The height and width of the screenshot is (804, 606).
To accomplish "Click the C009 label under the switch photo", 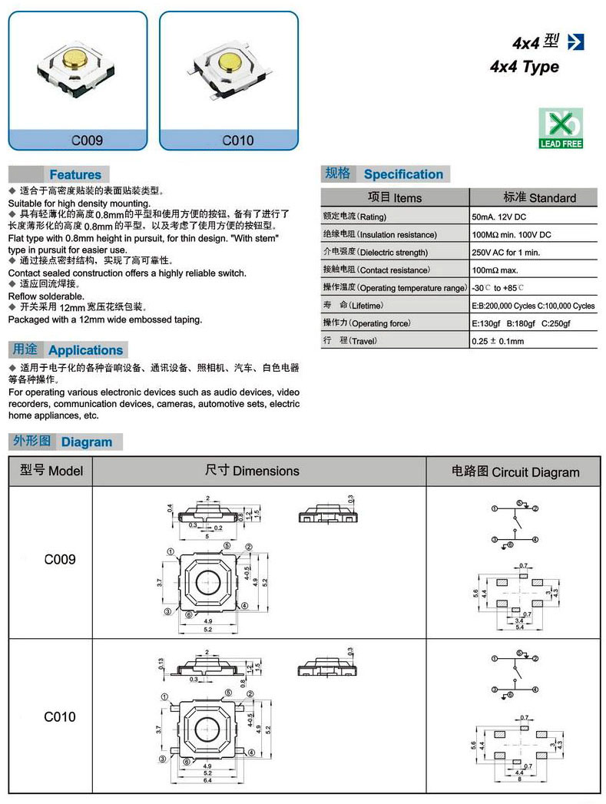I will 87,141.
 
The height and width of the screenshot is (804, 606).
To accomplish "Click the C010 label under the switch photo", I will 237,141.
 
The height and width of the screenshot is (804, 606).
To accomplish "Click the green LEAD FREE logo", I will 561,128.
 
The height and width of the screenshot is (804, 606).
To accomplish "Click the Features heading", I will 75,174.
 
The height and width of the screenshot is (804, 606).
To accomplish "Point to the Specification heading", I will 403,174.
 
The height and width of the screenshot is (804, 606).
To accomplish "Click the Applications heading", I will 85,350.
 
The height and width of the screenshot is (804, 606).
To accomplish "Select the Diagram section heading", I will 86,442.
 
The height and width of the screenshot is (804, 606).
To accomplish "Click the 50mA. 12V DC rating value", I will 498,217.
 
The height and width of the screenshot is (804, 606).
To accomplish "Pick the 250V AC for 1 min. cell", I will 505,252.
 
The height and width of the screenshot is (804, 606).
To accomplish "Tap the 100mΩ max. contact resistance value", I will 495,270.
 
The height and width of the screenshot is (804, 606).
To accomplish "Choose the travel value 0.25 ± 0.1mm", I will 498,341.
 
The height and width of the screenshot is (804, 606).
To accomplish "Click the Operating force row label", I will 366,323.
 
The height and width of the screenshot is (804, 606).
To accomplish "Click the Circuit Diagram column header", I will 515,471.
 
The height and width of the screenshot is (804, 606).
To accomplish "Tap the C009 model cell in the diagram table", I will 60,560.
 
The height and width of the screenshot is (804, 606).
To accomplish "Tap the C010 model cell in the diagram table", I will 60,716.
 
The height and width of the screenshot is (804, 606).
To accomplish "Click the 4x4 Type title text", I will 525,67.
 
